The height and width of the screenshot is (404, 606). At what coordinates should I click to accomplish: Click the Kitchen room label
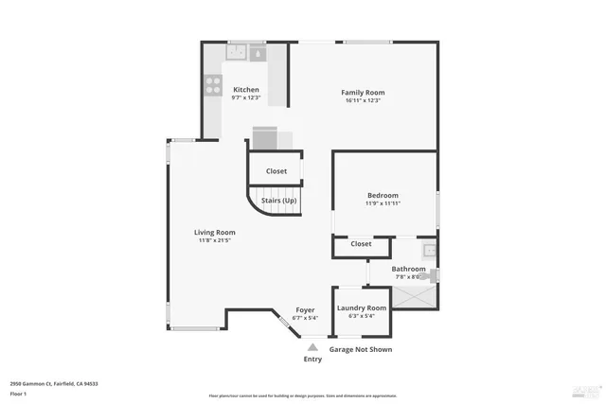[x=246, y=90]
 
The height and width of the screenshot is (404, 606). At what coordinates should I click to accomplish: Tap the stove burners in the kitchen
[x=212, y=87]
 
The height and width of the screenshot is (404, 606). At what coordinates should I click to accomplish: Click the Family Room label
[x=363, y=92]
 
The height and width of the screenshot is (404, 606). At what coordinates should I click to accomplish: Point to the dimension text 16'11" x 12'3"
[x=363, y=101]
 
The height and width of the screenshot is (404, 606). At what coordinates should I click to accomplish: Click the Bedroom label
[x=382, y=195]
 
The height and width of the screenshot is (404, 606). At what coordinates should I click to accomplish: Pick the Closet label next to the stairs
[x=276, y=171]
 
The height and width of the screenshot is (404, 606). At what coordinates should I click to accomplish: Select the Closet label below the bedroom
[x=361, y=244]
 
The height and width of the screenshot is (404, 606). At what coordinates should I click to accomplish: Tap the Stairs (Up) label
[x=278, y=201]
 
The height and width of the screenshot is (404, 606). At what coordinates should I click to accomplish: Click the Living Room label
[x=215, y=232]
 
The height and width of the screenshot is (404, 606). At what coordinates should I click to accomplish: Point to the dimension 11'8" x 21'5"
[x=215, y=241]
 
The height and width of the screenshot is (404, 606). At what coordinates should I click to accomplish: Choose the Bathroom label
[x=409, y=269]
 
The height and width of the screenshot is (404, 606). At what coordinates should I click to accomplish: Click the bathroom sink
[x=429, y=251]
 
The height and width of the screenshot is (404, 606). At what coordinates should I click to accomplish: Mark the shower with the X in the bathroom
[x=415, y=296]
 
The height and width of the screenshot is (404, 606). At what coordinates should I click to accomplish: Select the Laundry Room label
[x=362, y=307]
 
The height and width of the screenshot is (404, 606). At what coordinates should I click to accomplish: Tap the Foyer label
[x=305, y=309]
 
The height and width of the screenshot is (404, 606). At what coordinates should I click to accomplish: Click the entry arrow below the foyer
[x=312, y=346]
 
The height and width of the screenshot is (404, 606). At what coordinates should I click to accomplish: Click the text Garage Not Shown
[x=360, y=349]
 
